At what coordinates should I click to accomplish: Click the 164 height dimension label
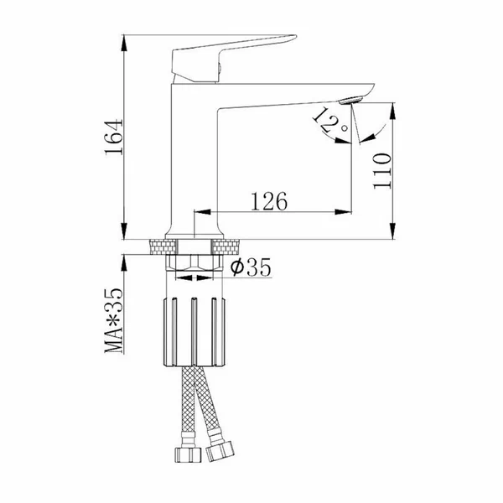114,137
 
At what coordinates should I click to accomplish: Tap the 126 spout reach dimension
269,201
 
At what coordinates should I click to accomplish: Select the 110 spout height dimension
382,171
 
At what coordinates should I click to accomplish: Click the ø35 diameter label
251,267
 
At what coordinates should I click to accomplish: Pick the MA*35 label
114,321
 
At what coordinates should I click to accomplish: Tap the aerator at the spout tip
351,100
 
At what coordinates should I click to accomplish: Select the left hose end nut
188,455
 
